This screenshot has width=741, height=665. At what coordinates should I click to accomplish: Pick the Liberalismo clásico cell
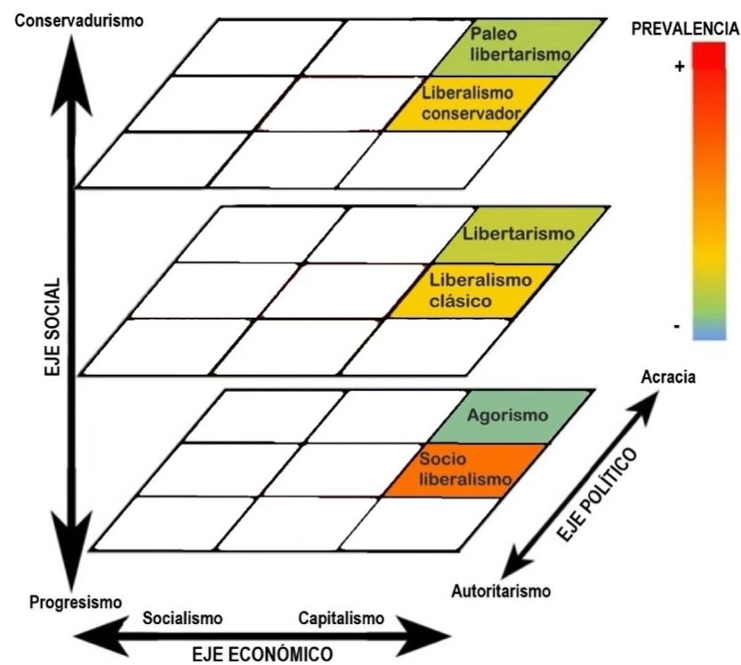[x=469, y=290]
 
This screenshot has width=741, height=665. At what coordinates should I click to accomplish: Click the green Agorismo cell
[x=508, y=416]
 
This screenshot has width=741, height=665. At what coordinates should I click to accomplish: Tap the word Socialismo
[x=182, y=618]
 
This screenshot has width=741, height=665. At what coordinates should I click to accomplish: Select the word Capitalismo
[x=341, y=618]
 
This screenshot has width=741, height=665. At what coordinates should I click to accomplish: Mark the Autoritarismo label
[x=501, y=590]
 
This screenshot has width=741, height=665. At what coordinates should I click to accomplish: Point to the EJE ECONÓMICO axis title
[x=264, y=653]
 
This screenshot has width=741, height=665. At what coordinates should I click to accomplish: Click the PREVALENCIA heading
[x=685, y=28]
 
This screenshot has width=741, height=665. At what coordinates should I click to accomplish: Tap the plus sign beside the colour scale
[x=680, y=66]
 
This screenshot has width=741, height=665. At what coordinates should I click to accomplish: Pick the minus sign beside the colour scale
[x=678, y=327]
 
